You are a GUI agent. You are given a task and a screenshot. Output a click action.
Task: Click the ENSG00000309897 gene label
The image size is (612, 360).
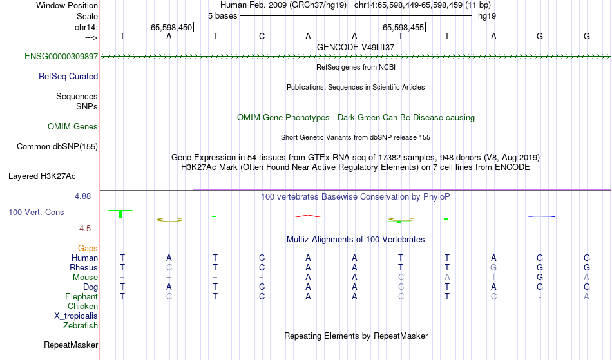click(x=61, y=56)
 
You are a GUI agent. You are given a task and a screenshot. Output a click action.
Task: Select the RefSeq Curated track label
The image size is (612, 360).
click(x=68, y=76)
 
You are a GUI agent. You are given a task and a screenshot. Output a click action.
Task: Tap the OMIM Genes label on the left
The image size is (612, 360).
click(x=73, y=126)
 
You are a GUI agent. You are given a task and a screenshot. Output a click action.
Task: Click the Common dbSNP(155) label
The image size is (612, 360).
click(x=57, y=146)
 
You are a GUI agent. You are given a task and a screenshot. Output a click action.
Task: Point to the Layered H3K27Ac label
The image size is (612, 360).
click(x=42, y=176)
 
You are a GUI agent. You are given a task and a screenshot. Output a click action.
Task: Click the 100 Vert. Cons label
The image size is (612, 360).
click(x=36, y=212)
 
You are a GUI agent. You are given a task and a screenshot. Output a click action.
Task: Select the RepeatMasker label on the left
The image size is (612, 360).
click(x=71, y=345)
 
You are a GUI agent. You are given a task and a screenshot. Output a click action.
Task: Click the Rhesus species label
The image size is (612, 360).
click(x=84, y=267)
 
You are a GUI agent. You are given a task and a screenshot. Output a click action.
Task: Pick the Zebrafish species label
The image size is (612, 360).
click(x=81, y=325)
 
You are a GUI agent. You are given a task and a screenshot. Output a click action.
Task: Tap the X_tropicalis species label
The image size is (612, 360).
click(x=76, y=316)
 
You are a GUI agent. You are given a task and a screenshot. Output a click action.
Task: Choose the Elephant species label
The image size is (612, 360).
click(x=81, y=296)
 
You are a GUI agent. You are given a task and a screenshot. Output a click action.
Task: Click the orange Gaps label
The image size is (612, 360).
click(x=88, y=248)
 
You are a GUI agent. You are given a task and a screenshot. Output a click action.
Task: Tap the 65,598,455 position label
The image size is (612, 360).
click(x=403, y=27)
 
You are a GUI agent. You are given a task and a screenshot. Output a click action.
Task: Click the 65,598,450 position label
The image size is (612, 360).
click(x=171, y=27)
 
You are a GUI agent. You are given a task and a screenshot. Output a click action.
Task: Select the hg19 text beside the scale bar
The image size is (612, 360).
click(x=487, y=16)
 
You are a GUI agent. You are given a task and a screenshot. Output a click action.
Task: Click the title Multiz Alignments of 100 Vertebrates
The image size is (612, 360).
click(x=356, y=239)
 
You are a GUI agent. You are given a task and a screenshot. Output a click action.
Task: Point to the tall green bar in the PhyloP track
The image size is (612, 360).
click(x=120, y=214)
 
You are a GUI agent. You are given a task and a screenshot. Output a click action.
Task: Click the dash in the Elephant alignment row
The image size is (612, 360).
click(x=540, y=297)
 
